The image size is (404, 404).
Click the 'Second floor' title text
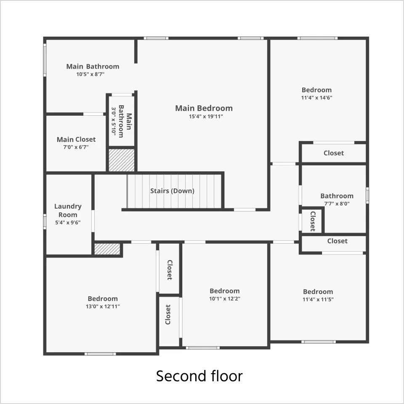coord(199,376)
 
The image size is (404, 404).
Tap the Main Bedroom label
coord(204,108)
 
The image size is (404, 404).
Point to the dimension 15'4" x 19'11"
coord(206,117)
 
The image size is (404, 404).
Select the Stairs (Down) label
coord(172,191)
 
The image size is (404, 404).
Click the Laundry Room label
coord(68,210)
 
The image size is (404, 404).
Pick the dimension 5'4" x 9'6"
coord(68,222)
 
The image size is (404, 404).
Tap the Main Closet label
coord(76,139)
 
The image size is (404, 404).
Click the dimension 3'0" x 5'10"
coord(114,121)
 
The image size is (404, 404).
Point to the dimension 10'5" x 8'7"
coord(90,74)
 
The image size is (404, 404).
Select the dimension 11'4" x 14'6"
coord(316,98)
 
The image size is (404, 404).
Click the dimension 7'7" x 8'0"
coord(337,204)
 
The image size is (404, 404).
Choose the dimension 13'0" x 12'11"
coord(103,306)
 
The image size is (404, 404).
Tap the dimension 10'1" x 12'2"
coord(225,299)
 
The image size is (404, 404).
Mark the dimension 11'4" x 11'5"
coord(318,299)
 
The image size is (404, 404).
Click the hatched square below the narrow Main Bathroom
coord(121,160)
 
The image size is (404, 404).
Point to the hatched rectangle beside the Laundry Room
coord(107,249)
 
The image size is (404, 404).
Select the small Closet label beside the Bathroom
coord(313,221)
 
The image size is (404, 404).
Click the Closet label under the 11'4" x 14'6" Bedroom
coord(334,153)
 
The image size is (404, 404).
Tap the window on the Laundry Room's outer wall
coord(45,221)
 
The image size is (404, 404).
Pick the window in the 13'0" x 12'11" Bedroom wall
coord(100,354)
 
